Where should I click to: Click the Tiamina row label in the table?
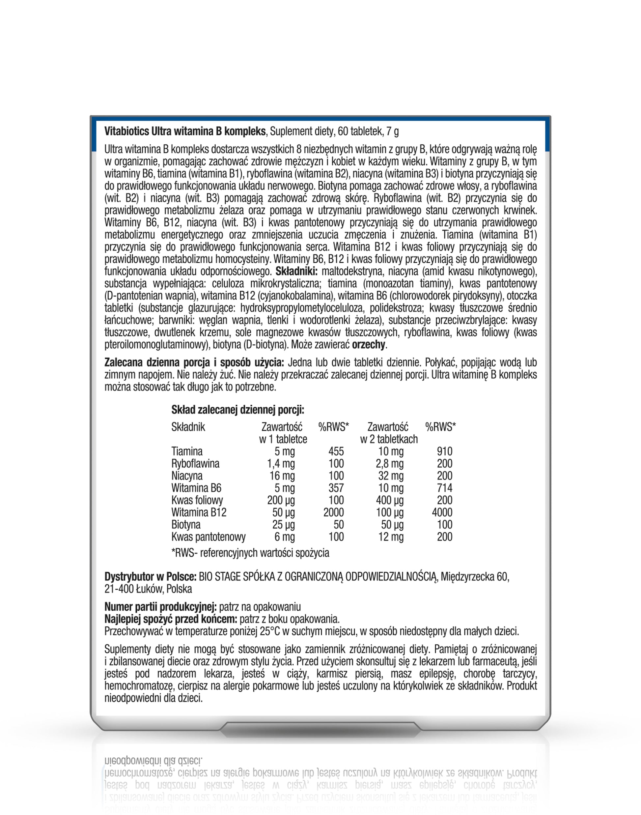[x=186, y=451]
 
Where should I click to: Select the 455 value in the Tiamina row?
[x=336, y=451]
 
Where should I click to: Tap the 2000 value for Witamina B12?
[x=333, y=512]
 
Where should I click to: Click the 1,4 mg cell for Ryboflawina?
[x=281, y=464]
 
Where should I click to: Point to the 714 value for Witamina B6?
[x=444, y=488]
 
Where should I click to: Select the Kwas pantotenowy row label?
[x=208, y=537]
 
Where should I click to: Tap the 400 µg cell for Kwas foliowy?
[x=390, y=500]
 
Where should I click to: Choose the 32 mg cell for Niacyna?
[x=391, y=476]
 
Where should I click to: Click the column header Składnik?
[x=188, y=427]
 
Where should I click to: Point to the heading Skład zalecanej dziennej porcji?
[x=237, y=410]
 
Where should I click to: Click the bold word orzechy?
[x=368, y=345]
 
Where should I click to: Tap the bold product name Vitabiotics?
[x=126, y=131]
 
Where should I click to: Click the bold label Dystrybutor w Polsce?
[x=150, y=577]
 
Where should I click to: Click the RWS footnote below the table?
[x=250, y=553]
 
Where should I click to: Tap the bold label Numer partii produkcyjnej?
[x=160, y=607]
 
